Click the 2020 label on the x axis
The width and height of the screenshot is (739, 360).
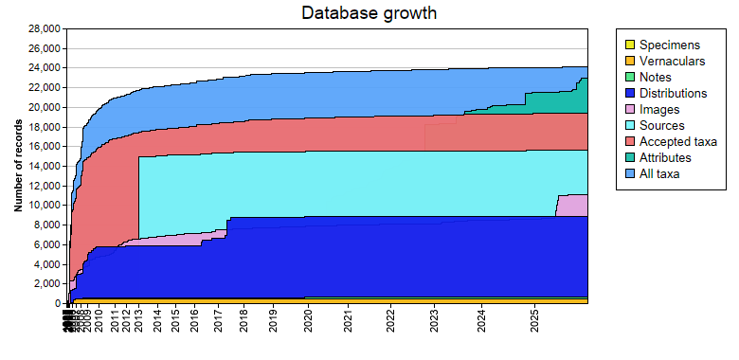point(308,323)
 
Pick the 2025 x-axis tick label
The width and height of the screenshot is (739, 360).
point(535,323)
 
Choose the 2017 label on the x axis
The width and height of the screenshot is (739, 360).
point(217,323)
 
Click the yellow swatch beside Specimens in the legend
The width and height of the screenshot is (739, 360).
point(628,45)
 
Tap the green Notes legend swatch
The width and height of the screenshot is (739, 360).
point(628,77)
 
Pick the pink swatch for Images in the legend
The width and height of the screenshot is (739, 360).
point(628,109)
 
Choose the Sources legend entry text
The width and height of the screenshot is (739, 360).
point(661,125)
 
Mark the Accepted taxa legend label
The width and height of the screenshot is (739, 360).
point(677,141)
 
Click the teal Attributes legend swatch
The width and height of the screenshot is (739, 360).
point(628,157)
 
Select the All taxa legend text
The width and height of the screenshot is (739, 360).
point(659,173)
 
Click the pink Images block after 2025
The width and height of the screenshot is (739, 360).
point(572,206)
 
